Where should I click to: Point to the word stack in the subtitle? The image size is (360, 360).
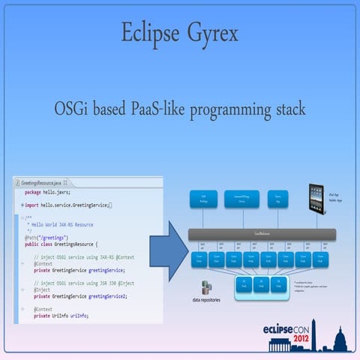coord(287,109)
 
